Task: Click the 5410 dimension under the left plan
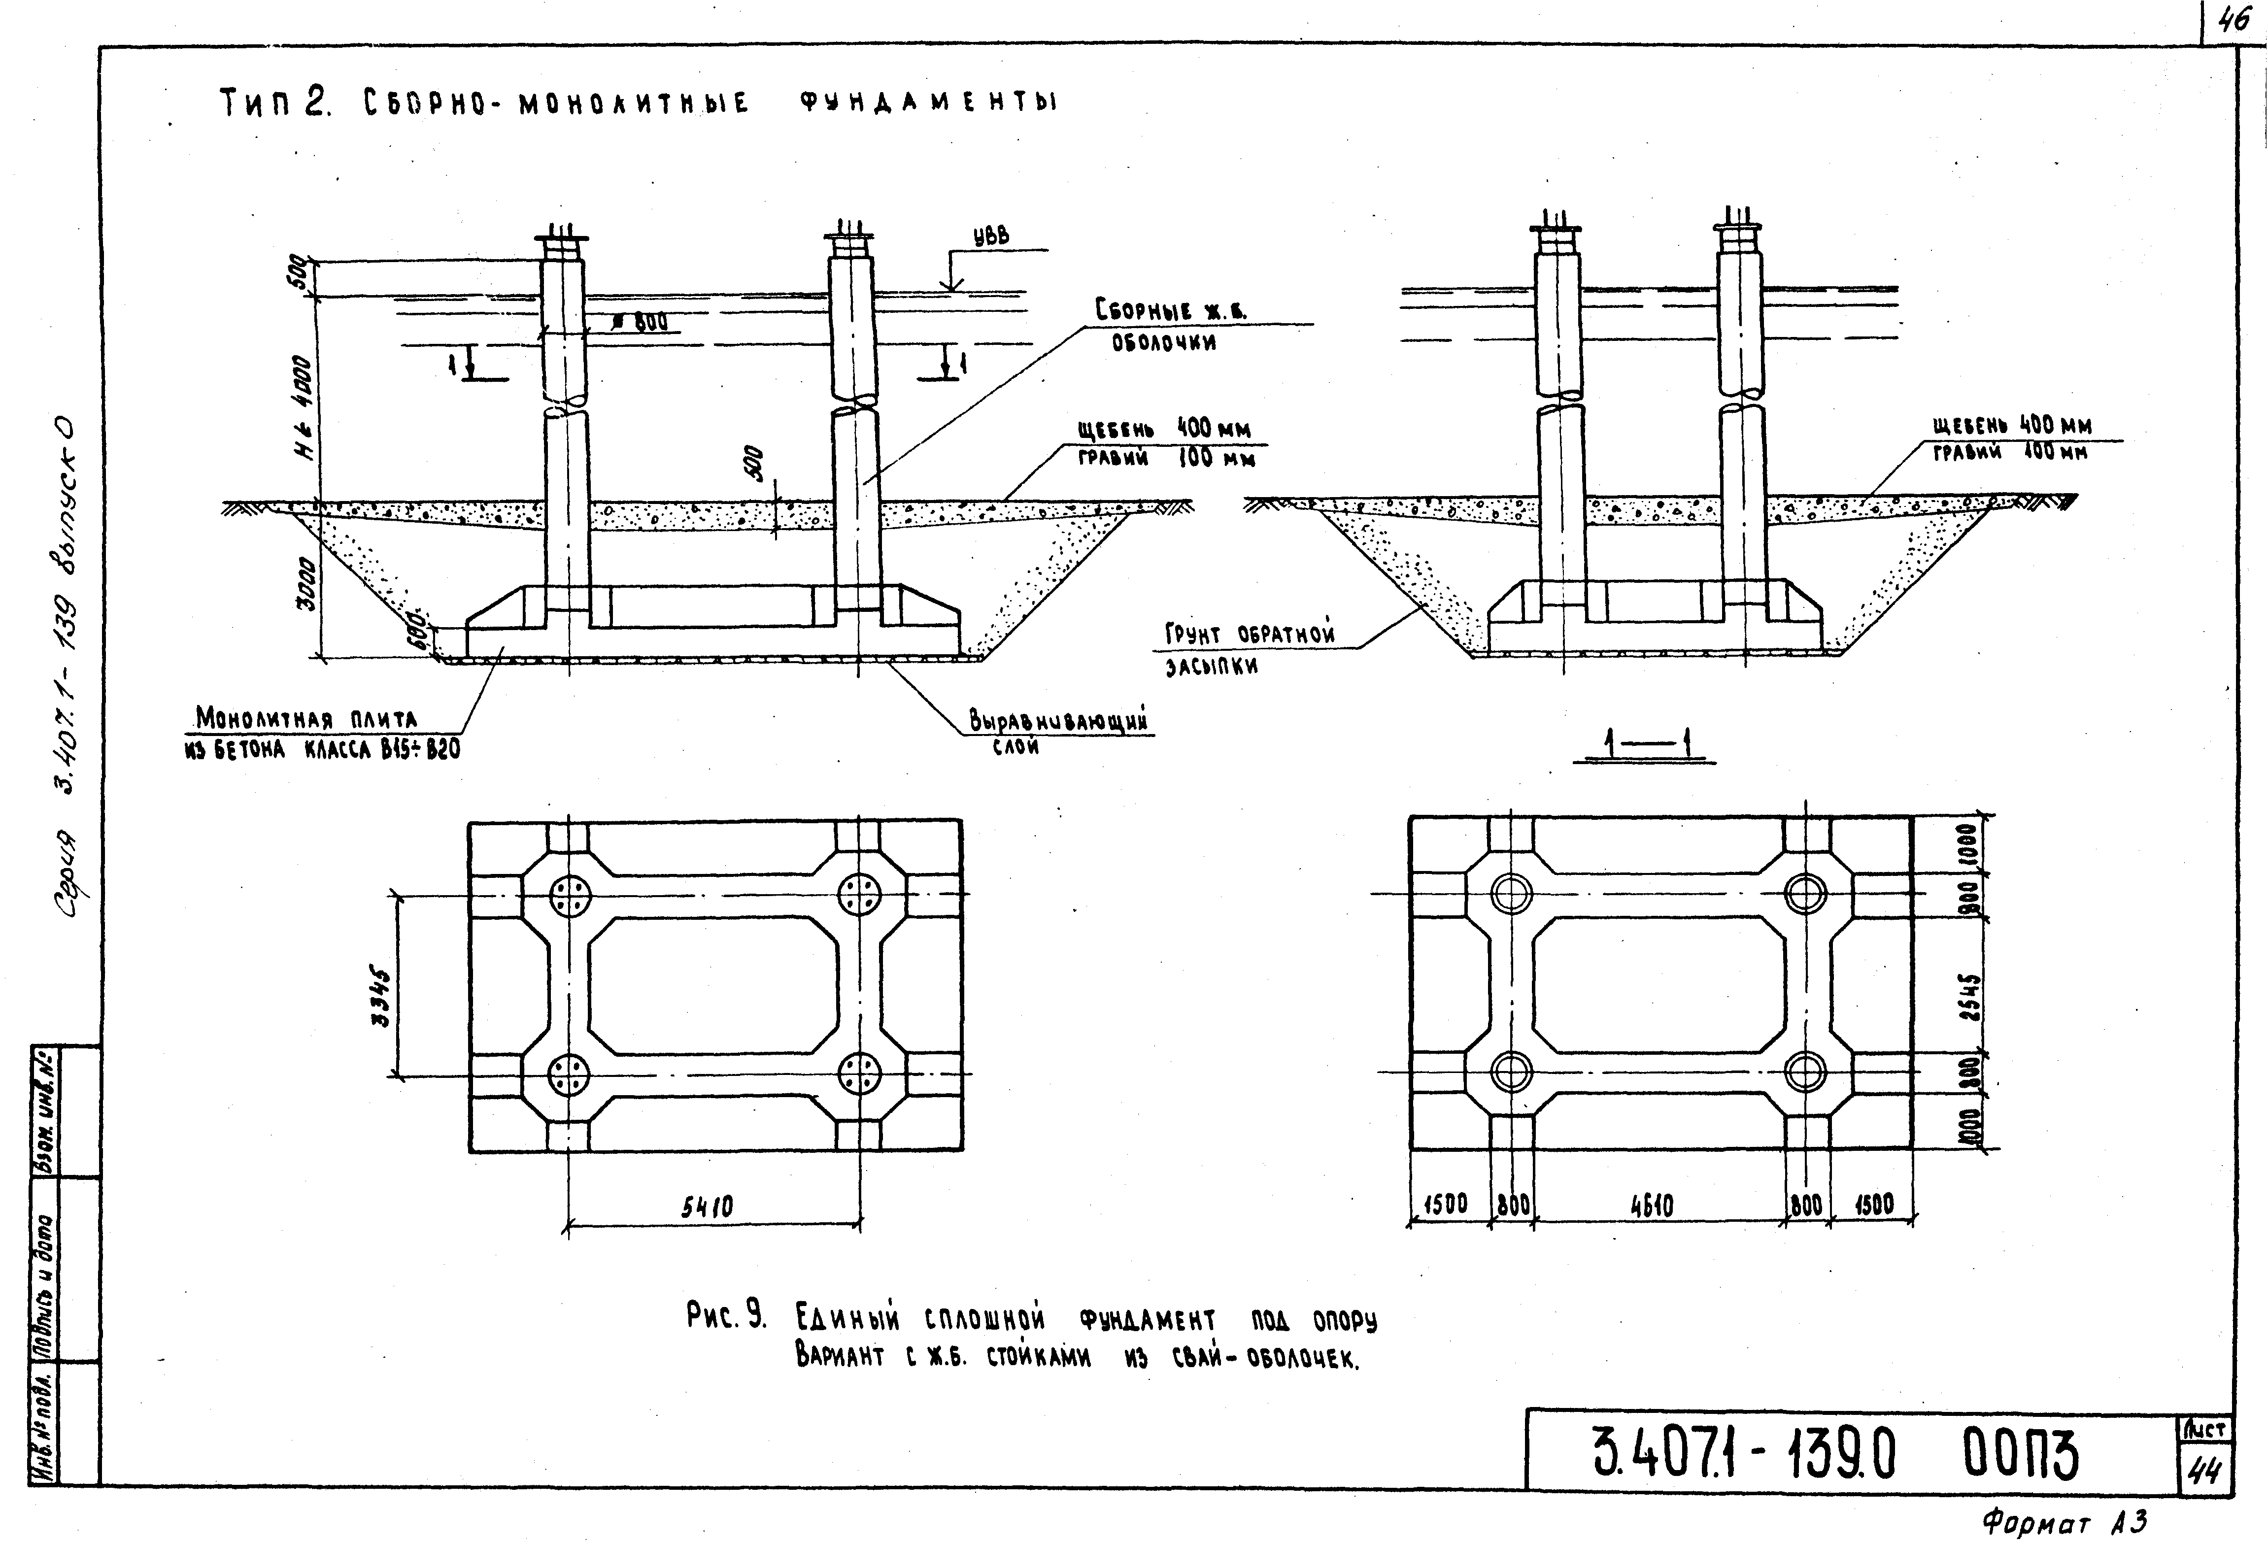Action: tap(708, 1208)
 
